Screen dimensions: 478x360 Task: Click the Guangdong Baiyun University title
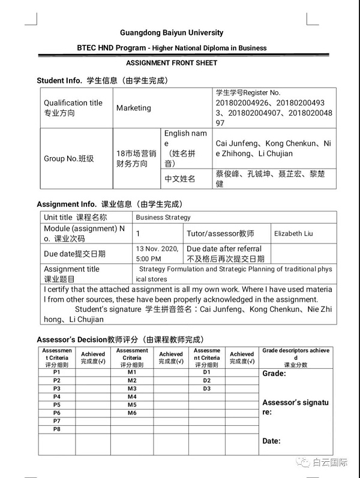pyautogui.click(x=172, y=33)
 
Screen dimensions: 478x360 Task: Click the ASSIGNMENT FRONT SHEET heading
pyautogui.click(x=172, y=63)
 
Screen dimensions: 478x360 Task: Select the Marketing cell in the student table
pyautogui.click(x=134, y=108)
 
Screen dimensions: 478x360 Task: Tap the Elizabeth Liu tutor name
pyautogui.click(x=293, y=233)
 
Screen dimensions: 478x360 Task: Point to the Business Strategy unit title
pyautogui.click(x=163, y=217)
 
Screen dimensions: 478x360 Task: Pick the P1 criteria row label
pyautogui.click(x=56, y=372)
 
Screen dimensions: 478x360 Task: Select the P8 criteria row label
pyautogui.click(x=56, y=429)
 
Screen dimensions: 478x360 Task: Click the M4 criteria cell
pyautogui.click(x=132, y=397)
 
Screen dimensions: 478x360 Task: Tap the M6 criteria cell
pyautogui.click(x=132, y=413)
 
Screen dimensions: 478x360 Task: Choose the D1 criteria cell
pyautogui.click(x=207, y=372)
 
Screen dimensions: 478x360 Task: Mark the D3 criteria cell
pyautogui.click(x=207, y=389)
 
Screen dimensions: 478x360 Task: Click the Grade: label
pyautogui.click(x=274, y=374)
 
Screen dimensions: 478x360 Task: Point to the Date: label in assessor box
pyautogui.click(x=271, y=441)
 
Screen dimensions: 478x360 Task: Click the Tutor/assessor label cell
pyautogui.click(x=220, y=233)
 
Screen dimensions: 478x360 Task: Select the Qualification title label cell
pyautogui.click(x=73, y=107)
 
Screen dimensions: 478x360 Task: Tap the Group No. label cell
pyautogui.click(x=69, y=159)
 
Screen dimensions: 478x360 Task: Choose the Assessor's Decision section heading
pyautogui.click(x=120, y=339)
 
